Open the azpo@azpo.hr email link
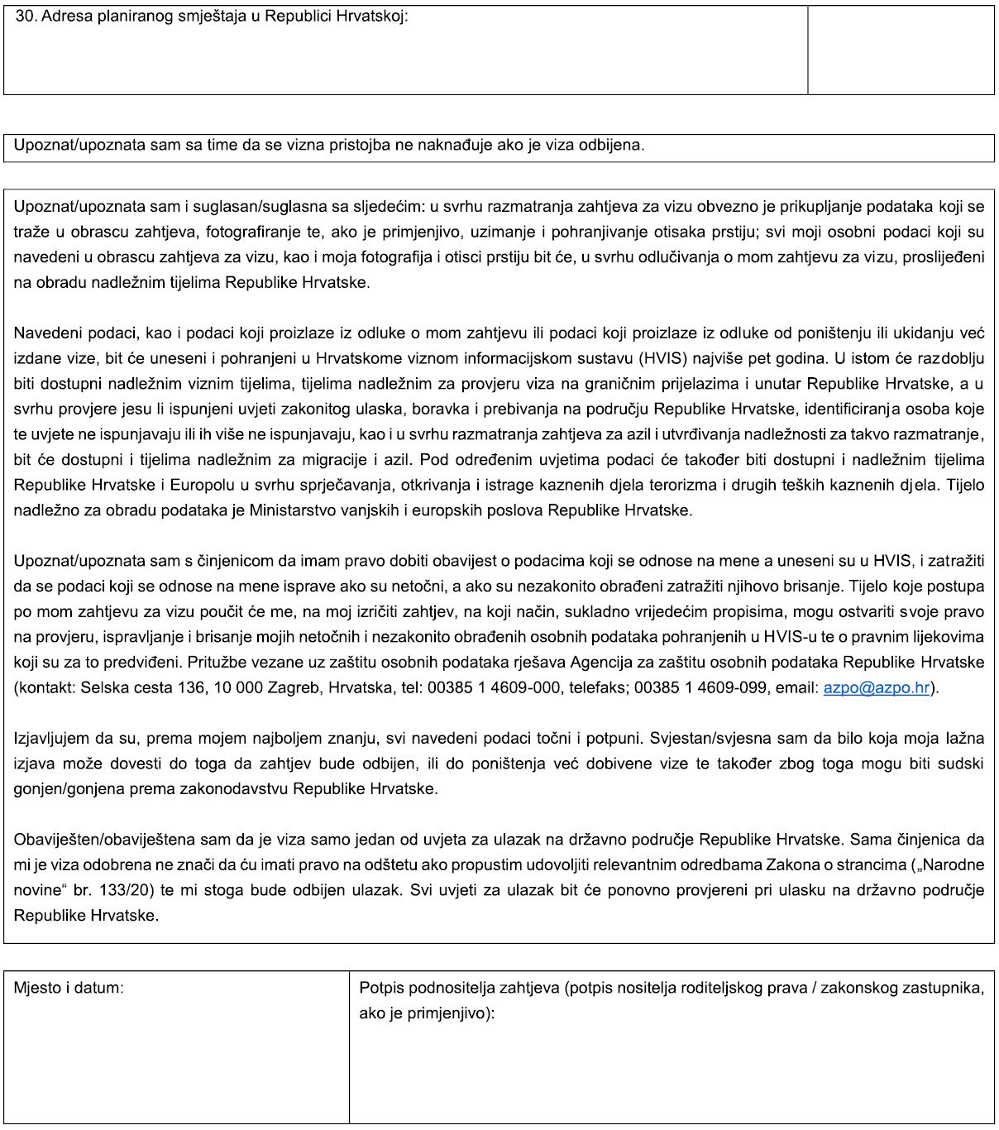tap(876, 687)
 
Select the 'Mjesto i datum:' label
tap(69, 988)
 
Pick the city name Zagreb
tap(294, 687)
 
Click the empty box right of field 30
tap(901, 50)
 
